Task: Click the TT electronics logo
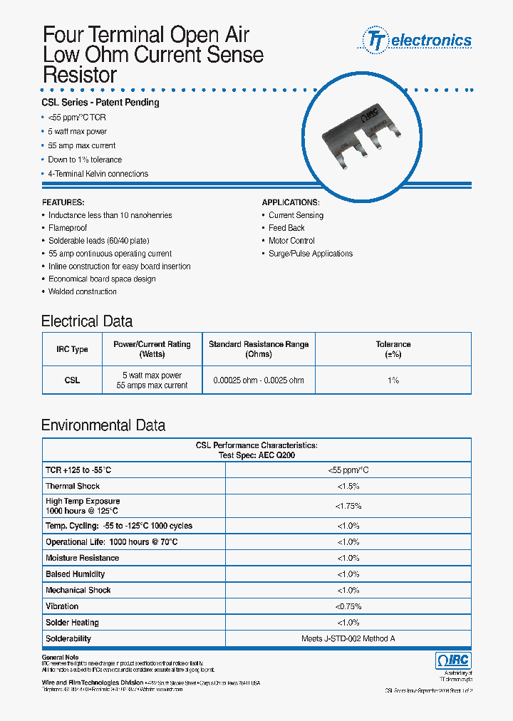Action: [418, 40]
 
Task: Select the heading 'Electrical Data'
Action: [87, 321]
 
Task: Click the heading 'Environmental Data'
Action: [103, 426]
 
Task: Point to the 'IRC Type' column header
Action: [72, 349]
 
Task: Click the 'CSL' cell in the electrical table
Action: [72, 380]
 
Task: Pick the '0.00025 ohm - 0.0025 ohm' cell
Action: [259, 380]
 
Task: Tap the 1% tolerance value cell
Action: [393, 380]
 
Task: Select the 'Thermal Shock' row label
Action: [73, 486]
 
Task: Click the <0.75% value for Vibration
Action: [348, 606]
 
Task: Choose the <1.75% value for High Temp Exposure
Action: [348, 506]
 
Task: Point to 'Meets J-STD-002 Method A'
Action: [348, 639]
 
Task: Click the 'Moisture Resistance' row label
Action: [82, 558]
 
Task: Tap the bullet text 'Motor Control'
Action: [291, 241]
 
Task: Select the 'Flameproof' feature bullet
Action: [68, 228]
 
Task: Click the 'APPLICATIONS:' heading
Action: [291, 202]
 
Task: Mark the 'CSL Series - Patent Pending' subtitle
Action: [100, 103]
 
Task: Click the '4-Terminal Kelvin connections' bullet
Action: [98, 174]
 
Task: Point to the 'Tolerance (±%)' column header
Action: [393, 349]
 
